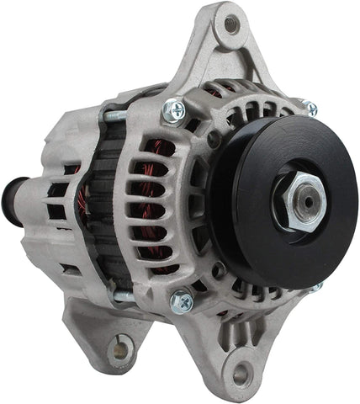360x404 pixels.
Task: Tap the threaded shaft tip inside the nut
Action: [x=308, y=199]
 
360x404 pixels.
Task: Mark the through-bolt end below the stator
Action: [x=124, y=295]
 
